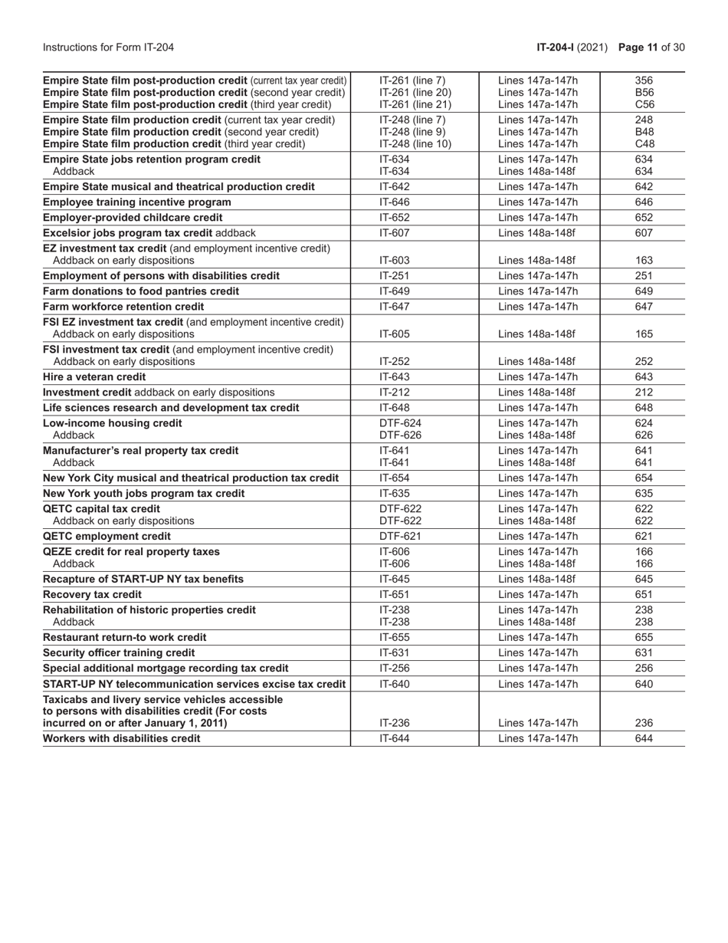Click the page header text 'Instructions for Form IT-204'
pos(109,48)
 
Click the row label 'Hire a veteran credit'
pos(94,376)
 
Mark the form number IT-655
pos(395,637)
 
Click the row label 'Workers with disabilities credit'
pos(122,738)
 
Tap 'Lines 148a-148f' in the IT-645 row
pos(537,579)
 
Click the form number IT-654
pos(395,478)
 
